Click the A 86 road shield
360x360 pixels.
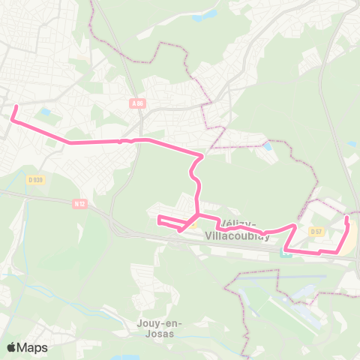coord(136,103)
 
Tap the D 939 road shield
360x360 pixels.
coord(35,179)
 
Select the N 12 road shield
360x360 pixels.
coord(81,202)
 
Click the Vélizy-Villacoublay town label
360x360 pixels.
coord(241,229)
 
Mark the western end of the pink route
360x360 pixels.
coord(14,107)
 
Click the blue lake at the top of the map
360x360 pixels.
coord(204,14)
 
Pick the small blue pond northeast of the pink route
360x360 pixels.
coord(268,145)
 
